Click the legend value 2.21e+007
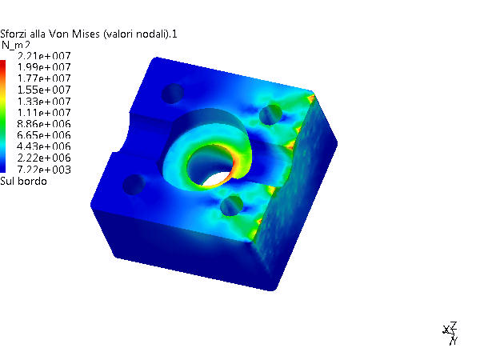coord(44,56)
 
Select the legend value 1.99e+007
coord(44,67)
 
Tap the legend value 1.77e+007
coord(44,78)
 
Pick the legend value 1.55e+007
coord(44,90)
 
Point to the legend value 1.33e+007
coord(44,102)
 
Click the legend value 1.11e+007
coord(44,113)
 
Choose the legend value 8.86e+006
coord(44,124)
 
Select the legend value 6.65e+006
coord(44,135)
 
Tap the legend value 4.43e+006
coord(44,146)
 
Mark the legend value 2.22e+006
coord(44,158)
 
